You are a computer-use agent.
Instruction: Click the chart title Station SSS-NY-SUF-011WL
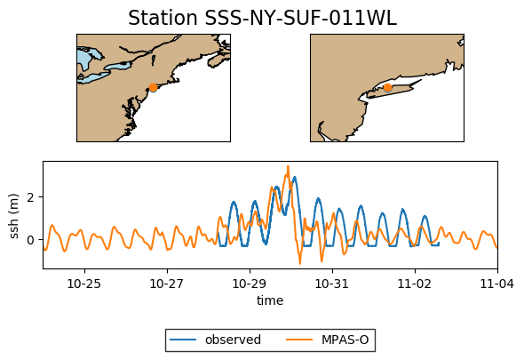point(262,19)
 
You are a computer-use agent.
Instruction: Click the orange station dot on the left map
point(153,87)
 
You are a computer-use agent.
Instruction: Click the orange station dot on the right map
point(387,87)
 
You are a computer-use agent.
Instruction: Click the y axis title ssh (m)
point(14,215)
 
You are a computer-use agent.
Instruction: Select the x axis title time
point(270,300)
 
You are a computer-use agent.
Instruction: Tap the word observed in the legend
point(233,340)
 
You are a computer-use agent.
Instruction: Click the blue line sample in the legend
point(184,340)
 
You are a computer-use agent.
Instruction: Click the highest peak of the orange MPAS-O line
point(288,166)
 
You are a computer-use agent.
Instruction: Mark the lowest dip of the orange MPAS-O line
point(299,263)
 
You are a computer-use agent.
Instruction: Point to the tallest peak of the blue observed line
point(294,177)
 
